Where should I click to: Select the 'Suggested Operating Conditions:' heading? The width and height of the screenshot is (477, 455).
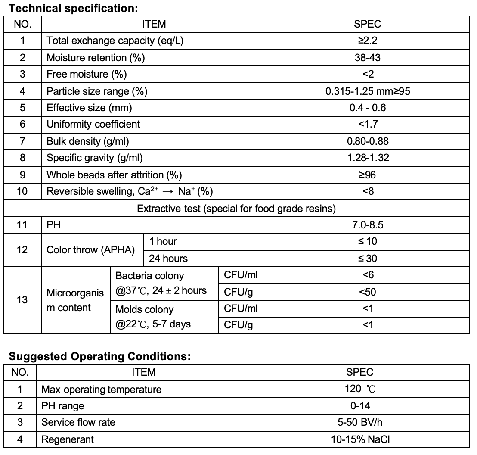tap(99, 356)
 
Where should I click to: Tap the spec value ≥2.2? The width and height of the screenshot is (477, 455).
tap(368, 41)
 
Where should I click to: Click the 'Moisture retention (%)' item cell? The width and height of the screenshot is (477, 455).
tap(96, 57)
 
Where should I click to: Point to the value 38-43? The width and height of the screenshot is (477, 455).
tap(368, 57)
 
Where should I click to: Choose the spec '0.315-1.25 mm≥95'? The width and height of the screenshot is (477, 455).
tap(368, 91)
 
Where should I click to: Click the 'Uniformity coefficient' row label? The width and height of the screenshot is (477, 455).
tap(93, 124)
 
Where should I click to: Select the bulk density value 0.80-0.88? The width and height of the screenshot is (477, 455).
tap(368, 141)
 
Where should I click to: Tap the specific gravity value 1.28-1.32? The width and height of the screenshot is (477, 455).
tap(368, 158)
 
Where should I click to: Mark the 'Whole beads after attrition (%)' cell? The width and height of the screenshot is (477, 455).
tap(114, 175)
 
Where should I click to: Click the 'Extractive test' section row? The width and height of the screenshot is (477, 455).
tap(236, 209)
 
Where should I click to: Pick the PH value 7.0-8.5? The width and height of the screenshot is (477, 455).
tap(368, 225)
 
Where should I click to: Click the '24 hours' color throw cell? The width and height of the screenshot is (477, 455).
tap(168, 259)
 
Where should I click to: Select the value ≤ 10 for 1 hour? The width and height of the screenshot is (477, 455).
tap(368, 242)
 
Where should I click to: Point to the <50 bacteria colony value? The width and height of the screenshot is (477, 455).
tap(368, 292)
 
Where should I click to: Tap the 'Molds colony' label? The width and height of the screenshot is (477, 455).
tap(145, 309)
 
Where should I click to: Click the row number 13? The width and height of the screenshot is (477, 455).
tap(22, 300)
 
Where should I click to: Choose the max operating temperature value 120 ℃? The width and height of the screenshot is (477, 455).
tap(360, 390)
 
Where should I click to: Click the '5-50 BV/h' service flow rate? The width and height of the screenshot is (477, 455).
tap(360, 423)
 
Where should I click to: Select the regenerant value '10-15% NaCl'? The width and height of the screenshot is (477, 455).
tap(360, 439)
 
